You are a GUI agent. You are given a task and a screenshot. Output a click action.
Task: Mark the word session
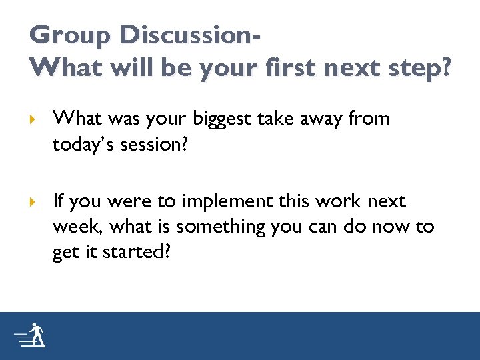(x=153, y=145)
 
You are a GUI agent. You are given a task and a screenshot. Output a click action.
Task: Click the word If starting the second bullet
(x=58, y=201)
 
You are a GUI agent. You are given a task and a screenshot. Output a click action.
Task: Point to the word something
(x=212, y=227)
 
